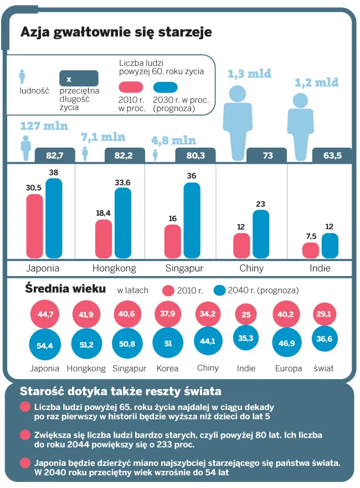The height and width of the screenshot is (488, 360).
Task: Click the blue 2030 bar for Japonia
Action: click(x=54, y=218)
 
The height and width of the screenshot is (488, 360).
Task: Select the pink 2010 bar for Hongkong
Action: click(x=104, y=238)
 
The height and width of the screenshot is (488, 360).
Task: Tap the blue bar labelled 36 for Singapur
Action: click(x=192, y=220)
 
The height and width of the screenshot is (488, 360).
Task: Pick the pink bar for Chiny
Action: click(x=241, y=246)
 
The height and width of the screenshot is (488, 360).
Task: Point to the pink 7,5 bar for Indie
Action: click(x=311, y=251)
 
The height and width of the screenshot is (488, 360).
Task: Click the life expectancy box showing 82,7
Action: click(x=55, y=155)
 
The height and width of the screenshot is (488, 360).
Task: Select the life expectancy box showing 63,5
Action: click(x=332, y=155)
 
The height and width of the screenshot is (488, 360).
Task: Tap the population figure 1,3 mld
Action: click(x=249, y=74)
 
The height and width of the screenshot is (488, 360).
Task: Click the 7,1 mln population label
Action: click(x=103, y=137)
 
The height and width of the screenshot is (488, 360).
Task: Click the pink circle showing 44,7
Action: click(x=45, y=314)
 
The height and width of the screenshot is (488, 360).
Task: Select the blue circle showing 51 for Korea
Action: click(x=168, y=343)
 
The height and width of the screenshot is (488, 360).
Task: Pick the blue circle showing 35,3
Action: click(x=246, y=338)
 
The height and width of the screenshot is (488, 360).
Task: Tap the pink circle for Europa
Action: click(x=286, y=314)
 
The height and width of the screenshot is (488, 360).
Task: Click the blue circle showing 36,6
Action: click(x=325, y=339)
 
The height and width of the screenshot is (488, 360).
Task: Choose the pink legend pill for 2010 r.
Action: click(x=131, y=87)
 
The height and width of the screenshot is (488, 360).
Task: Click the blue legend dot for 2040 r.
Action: click(x=219, y=290)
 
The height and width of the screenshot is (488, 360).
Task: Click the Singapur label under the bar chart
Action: click(x=184, y=268)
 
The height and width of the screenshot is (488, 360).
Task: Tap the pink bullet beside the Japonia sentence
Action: click(x=25, y=463)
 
